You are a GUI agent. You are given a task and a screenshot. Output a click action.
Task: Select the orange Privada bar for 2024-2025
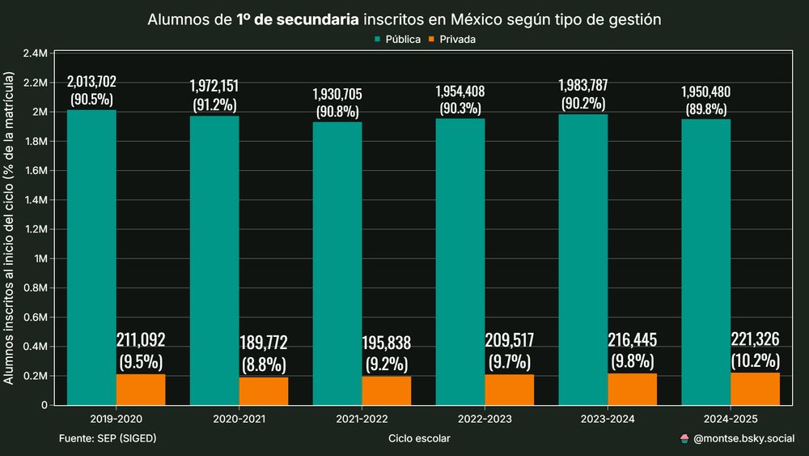755,389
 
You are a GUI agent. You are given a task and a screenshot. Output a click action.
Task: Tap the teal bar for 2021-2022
337,263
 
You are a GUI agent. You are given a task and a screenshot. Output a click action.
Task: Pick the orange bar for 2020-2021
264,391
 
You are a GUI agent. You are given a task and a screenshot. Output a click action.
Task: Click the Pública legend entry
396,39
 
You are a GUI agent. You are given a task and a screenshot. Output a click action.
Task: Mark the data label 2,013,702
91,81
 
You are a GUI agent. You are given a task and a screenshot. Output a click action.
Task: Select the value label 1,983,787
583,86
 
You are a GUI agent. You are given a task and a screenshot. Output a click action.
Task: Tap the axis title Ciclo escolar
419,438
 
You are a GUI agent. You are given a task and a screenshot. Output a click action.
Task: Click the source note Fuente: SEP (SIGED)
108,438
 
